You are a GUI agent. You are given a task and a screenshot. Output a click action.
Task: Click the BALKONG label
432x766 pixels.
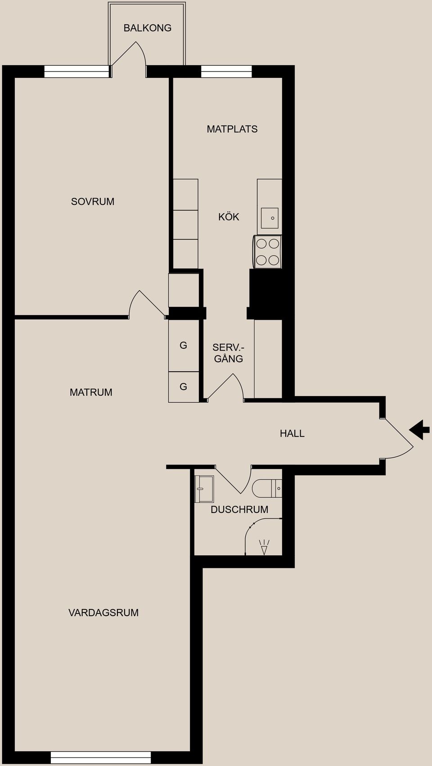click(148, 28)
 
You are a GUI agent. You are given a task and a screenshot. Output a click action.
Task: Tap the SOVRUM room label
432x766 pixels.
click(93, 202)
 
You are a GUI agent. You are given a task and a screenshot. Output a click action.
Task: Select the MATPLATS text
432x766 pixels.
click(232, 129)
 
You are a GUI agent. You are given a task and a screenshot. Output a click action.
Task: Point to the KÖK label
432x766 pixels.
click(229, 216)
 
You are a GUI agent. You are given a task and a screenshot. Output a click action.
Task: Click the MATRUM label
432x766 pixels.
click(91, 392)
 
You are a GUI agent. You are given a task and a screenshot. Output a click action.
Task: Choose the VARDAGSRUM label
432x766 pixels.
click(103, 613)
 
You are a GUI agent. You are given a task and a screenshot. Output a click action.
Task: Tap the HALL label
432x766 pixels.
click(292, 433)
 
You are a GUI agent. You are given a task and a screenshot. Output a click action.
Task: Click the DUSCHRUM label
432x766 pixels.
click(239, 509)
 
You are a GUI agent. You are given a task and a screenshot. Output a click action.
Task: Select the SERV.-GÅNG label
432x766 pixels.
click(229, 353)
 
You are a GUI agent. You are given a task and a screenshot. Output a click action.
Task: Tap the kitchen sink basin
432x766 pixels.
click(270, 218)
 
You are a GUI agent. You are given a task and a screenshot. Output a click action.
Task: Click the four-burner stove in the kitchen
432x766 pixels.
click(267, 252)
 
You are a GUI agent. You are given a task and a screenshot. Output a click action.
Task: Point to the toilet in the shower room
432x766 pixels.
click(267, 488)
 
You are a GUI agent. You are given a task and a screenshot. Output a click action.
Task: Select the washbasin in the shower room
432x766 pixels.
click(204, 489)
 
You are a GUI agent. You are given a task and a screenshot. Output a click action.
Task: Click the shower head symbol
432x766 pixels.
click(264, 547)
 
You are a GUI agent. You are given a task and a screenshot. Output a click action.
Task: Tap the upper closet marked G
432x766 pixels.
click(184, 345)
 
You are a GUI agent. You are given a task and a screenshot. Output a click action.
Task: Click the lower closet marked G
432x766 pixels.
click(184, 387)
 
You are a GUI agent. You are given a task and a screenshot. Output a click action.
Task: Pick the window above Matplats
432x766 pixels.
click(226, 72)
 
